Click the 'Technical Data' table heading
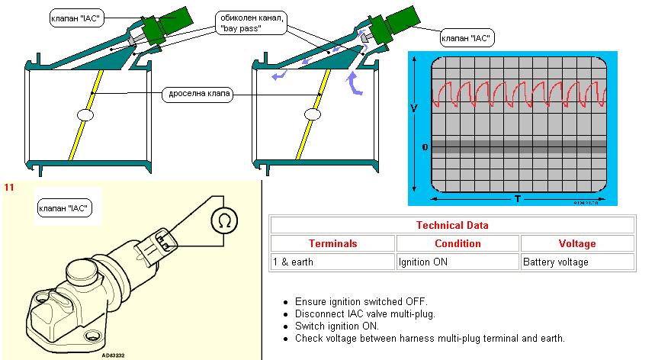pyautogui.click(x=451, y=225)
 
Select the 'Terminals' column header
pyautogui.click(x=332, y=243)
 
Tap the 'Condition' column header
pyautogui.click(x=458, y=243)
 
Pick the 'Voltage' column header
pyautogui.click(x=576, y=243)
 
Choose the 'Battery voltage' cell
pyautogui.click(x=555, y=262)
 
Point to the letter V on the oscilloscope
pyautogui.click(x=413, y=109)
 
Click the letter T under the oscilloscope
pyautogui.click(x=517, y=199)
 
